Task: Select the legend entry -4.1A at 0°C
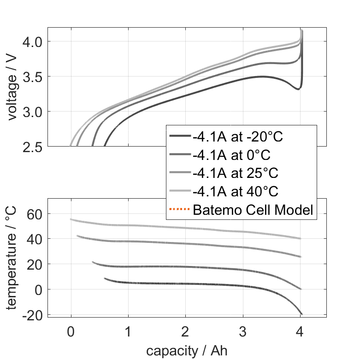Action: (x=236, y=154)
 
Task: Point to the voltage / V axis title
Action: (x=12, y=88)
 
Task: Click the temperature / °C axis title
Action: (x=12, y=257)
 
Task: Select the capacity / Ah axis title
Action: (x=187, y=350)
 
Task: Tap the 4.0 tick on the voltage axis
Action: (x=32, y=41)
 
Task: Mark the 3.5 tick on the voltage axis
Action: (x=32, y=77)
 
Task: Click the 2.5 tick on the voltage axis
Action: (x=32, y=146)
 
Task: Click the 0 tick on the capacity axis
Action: (x=71, y=330)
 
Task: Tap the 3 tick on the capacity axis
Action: (x=243, y=330)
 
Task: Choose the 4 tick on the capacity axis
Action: (x=300, y=330)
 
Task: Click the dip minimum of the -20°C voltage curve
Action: (x=298, y=89)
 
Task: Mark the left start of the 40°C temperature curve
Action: (x=71, y=219)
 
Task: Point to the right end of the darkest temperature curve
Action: (x=301, y=314)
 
